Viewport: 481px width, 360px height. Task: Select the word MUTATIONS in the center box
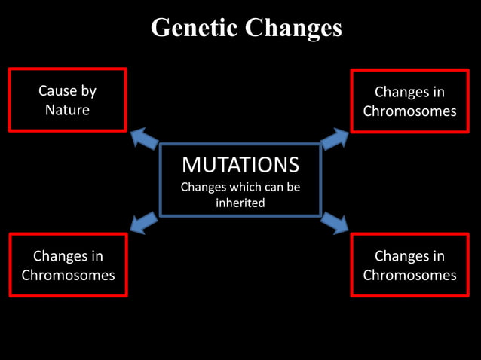point(240,164)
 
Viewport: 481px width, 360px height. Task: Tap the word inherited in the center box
point(240,203)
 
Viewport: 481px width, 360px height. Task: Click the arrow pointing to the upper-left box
point(145,139)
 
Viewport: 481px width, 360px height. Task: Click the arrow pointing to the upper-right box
point(335,139)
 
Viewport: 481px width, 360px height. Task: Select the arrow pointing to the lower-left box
point(144,222)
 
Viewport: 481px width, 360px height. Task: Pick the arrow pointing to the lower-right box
point(335,222)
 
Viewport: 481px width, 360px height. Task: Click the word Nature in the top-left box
point(67,110)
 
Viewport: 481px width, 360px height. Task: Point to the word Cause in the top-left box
point(57,91)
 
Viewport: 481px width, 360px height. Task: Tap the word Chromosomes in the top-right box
point(409,111)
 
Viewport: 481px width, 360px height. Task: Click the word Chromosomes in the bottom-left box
point(68,275)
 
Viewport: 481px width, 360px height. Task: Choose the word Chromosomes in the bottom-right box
point(409,275)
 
